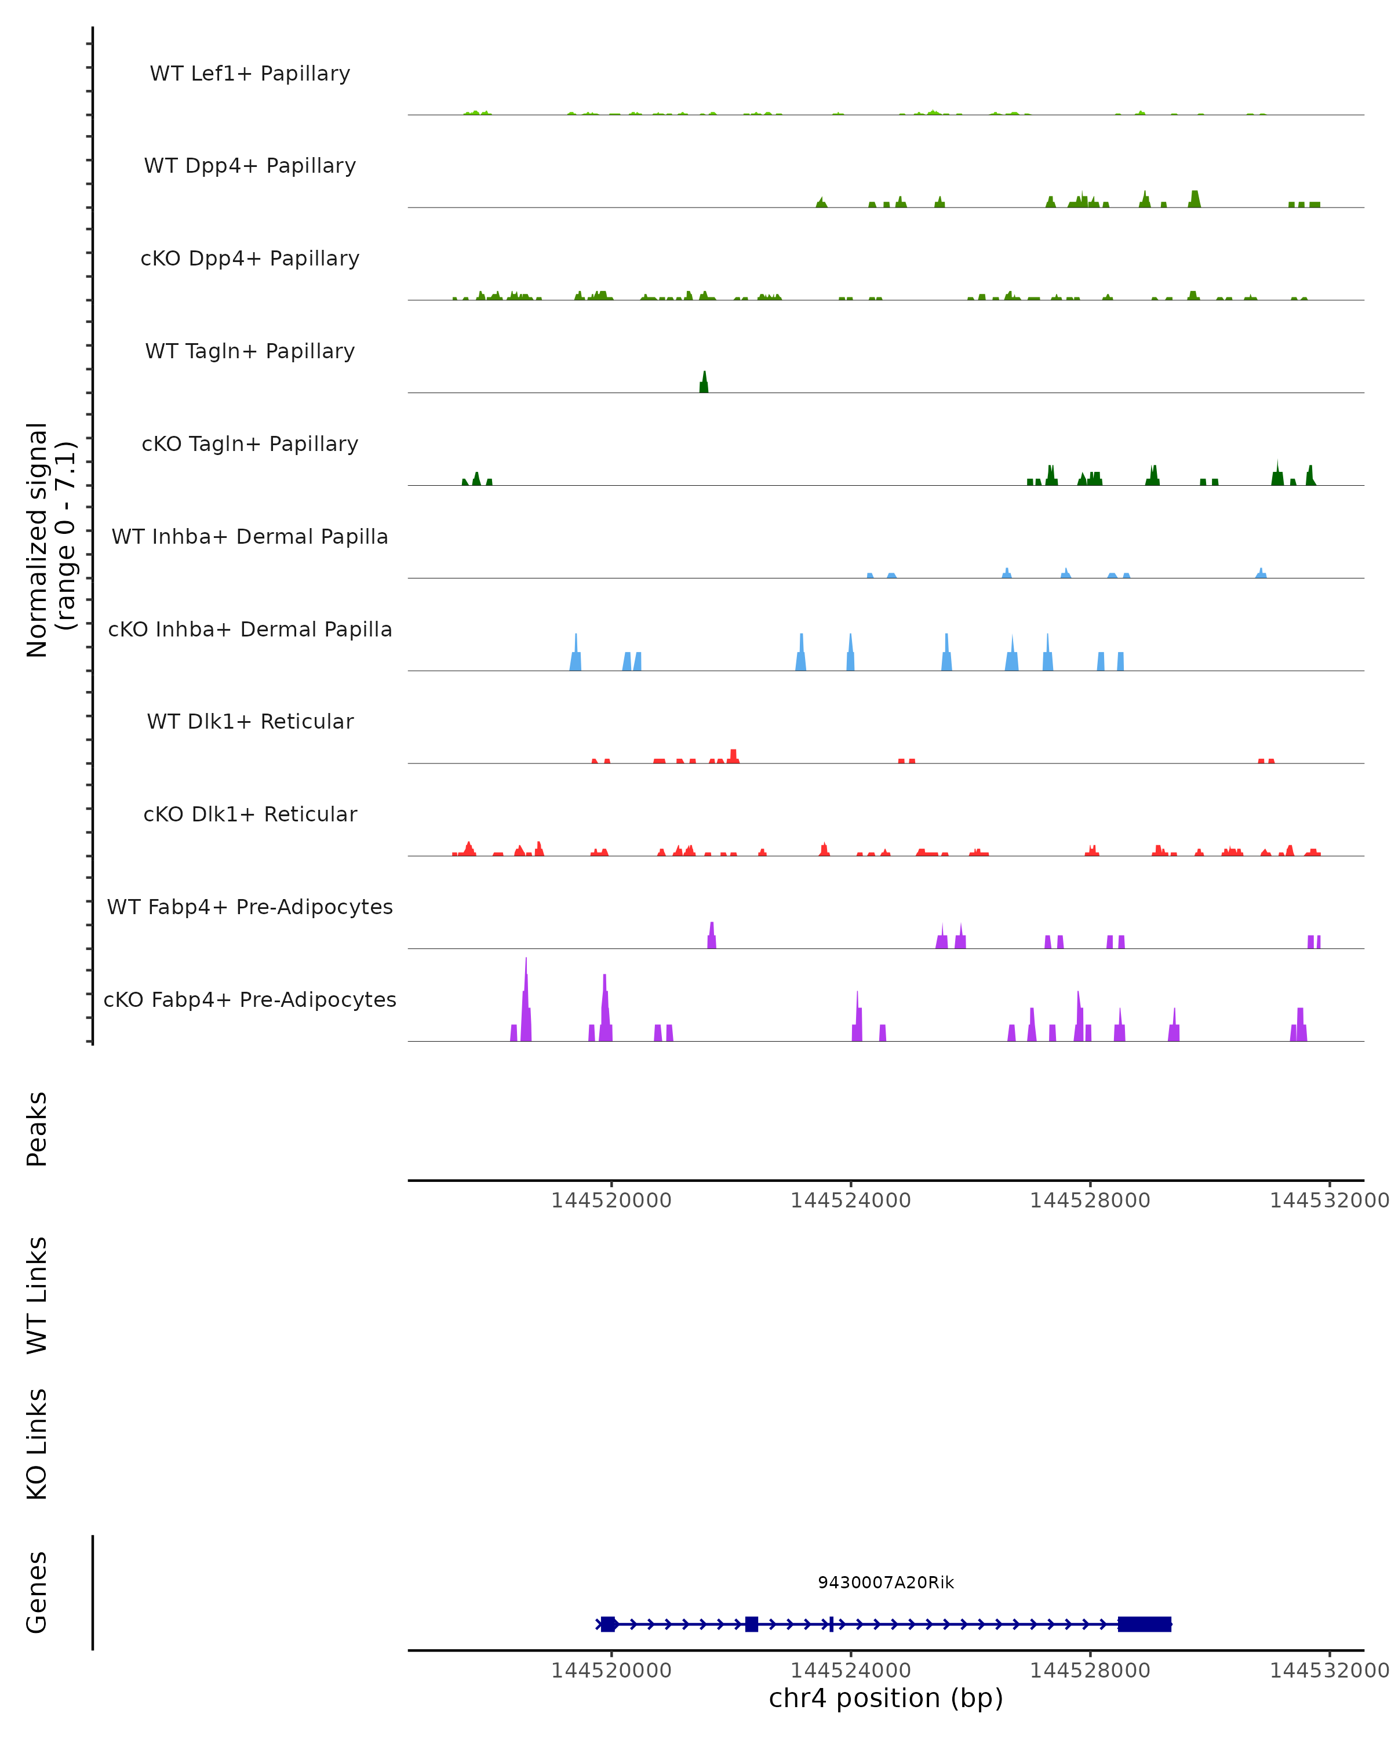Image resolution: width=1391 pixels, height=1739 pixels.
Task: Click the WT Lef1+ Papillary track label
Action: coord(250,74)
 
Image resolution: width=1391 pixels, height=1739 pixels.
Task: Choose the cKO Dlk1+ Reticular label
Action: coord(250,814)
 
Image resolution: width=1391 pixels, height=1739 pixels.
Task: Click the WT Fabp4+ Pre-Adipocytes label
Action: coord(250,907)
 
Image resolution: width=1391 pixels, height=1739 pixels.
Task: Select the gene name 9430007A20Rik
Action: coord(886,1582)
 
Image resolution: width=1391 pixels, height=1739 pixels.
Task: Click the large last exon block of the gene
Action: coord(1144,1624)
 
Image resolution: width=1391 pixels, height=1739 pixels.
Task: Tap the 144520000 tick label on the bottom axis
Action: coord(611,1671)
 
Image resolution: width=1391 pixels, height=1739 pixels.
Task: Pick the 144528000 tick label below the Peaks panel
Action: coord(1090,1200)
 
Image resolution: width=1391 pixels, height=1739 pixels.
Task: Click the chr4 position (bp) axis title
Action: coord(886,1698)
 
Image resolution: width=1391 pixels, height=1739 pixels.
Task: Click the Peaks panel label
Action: coord(37,1129)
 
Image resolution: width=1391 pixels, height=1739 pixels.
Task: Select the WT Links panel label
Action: coord(37,1294)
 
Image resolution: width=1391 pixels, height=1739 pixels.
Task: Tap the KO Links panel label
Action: coord(37,1444)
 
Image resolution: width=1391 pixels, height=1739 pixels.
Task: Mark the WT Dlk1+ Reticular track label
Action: coord(250,721)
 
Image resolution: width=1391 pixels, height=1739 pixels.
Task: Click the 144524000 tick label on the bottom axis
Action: coord(851,1671)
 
